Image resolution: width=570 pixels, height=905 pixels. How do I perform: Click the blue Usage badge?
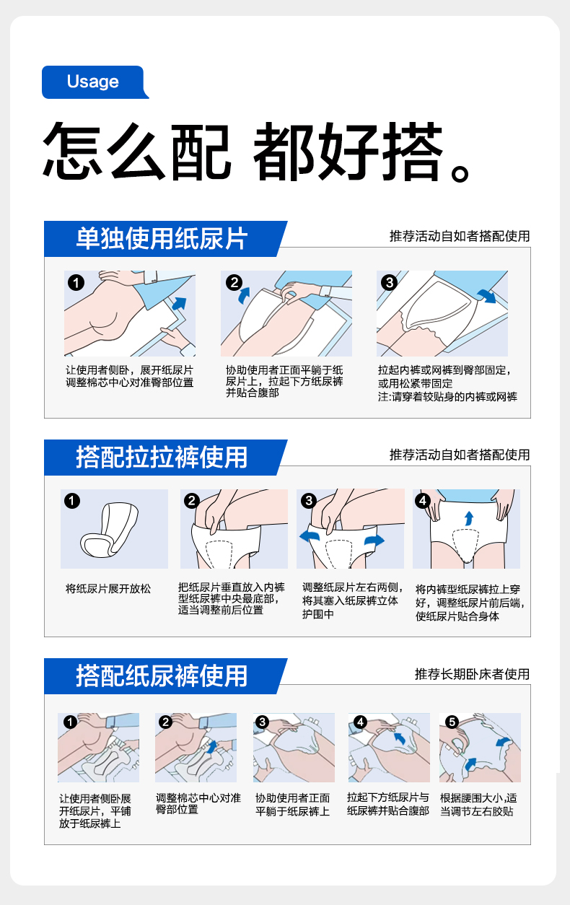[x=95, y=82]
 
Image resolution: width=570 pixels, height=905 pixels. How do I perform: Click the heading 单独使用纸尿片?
[x=162, y=239]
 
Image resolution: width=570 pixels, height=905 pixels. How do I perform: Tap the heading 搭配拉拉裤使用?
[x=162, y=458]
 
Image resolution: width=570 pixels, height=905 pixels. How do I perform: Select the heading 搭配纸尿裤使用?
[x=162, y=676]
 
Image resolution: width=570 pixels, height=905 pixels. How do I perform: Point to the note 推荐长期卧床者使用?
[x=472, y=674]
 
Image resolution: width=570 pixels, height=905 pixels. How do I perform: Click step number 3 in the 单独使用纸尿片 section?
[x=389, y=282]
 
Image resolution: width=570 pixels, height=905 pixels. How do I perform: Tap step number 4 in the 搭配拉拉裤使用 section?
[x=423, y=501]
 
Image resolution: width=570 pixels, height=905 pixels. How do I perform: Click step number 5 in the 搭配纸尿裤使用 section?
[x=452, y=722]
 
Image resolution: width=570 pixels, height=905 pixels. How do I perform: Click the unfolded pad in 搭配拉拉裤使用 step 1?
[x=109, y=530]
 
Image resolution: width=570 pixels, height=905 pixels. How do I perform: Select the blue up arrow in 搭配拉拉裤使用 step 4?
[x=468, y=518]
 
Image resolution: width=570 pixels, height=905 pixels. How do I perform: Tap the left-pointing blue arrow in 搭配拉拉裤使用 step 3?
[x=310, y=536]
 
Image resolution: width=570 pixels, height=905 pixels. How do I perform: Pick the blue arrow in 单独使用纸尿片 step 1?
[x=180, y=303]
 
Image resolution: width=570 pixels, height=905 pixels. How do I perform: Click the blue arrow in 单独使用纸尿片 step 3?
[x=487, y=296]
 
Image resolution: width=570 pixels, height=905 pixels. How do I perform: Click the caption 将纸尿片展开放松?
[x=108, y=589]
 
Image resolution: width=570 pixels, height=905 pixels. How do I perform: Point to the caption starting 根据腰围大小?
[x=478, y=805]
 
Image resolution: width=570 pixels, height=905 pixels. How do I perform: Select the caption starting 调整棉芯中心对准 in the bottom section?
[x=198, y=803]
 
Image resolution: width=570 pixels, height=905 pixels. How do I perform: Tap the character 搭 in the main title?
[x=413, y=151]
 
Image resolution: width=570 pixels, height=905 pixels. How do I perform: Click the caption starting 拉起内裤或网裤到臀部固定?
[x=447, y=383]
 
